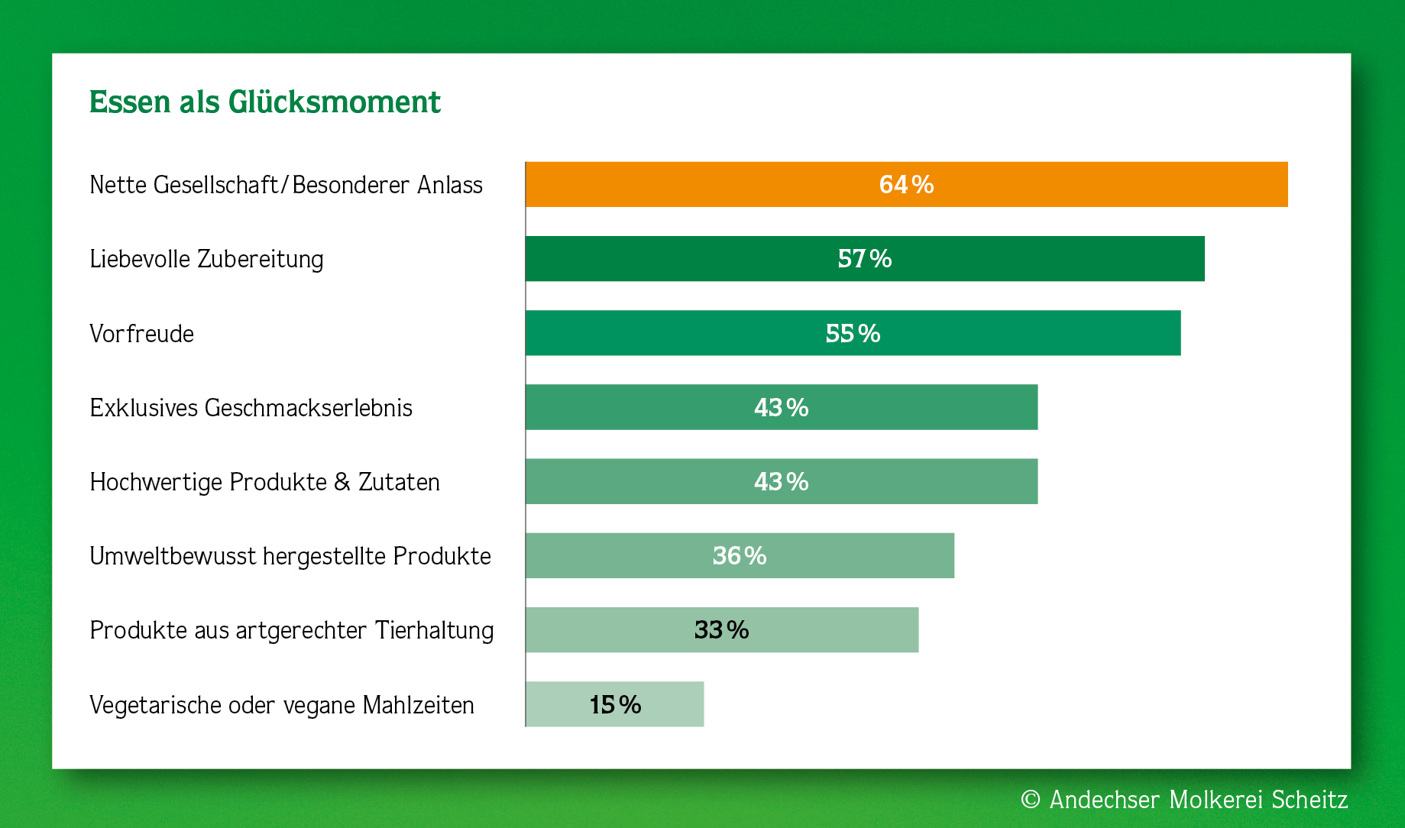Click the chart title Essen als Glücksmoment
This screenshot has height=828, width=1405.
tap(264, 102)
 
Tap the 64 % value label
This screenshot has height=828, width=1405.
tap(906, 185)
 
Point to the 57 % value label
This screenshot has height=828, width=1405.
tap(864, 259)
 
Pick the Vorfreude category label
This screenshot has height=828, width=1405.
tap(141, 334)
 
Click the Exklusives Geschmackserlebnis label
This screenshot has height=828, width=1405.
tap(251, 408)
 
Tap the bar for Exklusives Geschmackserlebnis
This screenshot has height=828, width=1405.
tap(917, 407)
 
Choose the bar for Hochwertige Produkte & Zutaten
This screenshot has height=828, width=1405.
tap(917, 481)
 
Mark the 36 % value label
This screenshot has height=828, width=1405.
tap(739, 556)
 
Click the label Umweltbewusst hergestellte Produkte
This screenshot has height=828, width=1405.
tap(290, 556)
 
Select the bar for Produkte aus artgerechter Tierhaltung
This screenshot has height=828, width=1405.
tap(825, 630)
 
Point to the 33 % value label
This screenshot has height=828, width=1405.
tap(721, 630)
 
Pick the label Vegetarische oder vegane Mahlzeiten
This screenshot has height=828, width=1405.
tap(281, 705)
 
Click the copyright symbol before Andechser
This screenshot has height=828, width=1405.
tap(1031, 799)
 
